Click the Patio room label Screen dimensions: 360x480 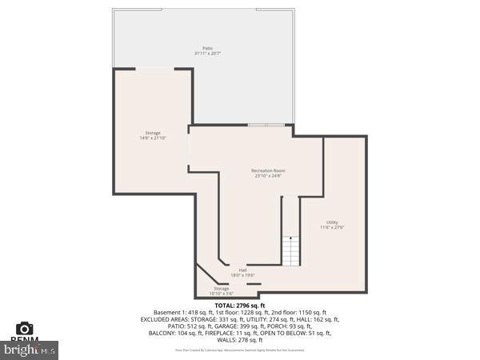[x=206, y=48]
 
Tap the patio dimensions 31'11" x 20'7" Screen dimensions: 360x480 [x=206, y=54]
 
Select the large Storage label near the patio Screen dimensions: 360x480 [x=152, y=132]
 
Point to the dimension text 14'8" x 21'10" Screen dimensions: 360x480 [x=152, y=138]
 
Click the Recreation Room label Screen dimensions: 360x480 [x=268, y=170]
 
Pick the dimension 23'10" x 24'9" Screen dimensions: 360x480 [x=268, y=176]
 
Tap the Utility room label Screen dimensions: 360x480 [x=332, y=222]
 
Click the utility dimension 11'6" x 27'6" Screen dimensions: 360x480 [x=332, y=227]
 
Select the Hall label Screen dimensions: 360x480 [x=242, y=270]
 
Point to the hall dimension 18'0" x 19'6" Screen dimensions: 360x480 [x=242, y=275]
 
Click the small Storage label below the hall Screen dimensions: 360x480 [x=221, y=288]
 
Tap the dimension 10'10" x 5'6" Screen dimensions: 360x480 [x=221, y=294]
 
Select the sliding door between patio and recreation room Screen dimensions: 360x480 [x=265, y=125]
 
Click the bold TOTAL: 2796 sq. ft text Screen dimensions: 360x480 [x=240, y=306]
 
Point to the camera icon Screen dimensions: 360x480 [x=25, y=328]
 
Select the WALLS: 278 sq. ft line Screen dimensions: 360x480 [x=240, y=340]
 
